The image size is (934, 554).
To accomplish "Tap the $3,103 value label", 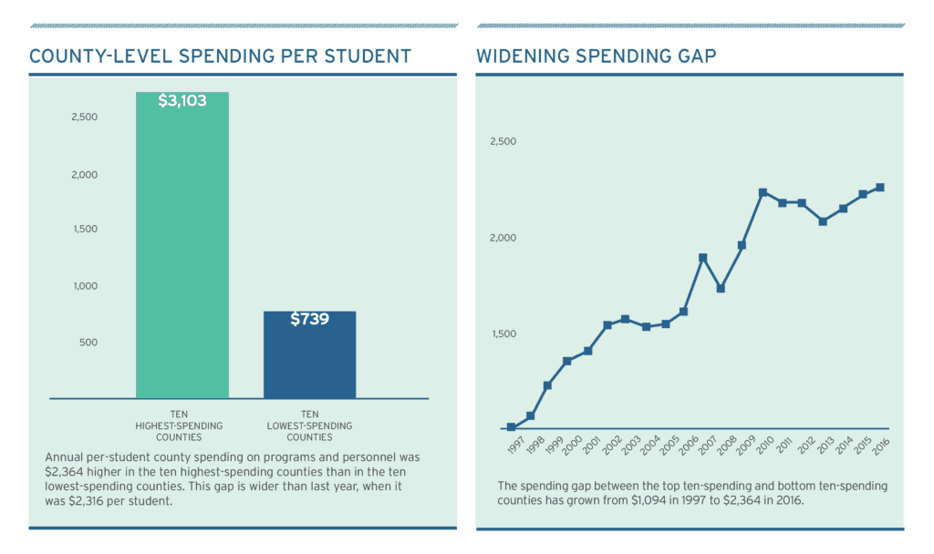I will coord(182,101).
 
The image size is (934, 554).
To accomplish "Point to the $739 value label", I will coord(309,319).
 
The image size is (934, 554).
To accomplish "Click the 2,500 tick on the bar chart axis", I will coord(85,118).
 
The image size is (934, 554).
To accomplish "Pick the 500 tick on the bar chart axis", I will coord(88,343).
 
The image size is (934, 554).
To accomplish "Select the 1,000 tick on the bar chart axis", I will coord(85,286).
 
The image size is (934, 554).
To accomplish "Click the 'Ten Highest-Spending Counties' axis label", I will coord(179,426).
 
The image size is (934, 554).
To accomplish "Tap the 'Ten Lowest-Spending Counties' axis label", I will coord(309,426).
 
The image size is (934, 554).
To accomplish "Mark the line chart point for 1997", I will coord(511,426).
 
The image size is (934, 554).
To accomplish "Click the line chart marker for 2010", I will coord(763,192).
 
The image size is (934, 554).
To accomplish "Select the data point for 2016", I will coord(879,188).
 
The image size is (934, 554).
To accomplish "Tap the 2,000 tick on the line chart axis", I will coord(503,238).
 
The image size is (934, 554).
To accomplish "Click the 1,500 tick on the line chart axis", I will coord(503,333).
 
